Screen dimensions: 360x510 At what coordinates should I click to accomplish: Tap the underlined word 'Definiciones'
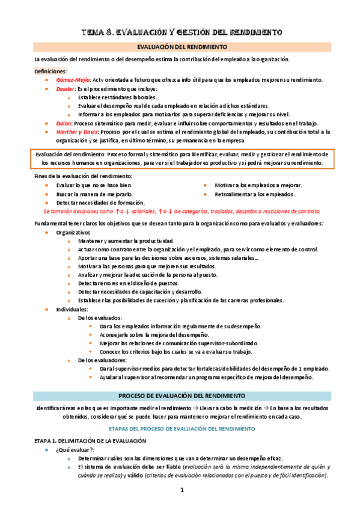click(50, 72)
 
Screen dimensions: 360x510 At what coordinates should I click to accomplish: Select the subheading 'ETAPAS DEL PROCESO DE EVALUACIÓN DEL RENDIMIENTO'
click(180, 429)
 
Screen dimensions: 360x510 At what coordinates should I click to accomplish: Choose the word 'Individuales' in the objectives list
click(72, 309)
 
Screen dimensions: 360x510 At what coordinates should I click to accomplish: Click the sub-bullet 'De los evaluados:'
click(100, 318)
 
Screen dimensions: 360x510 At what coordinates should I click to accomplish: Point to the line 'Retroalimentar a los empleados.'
click(255, 194)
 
